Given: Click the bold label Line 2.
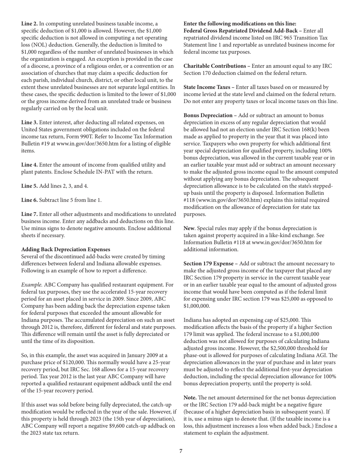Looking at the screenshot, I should point(30,23).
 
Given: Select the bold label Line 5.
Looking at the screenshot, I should point(30,186).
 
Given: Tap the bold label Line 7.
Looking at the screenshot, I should point(30,214).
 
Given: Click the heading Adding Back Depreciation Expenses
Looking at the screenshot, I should point(66,249).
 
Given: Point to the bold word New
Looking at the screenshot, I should point(189,228).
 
